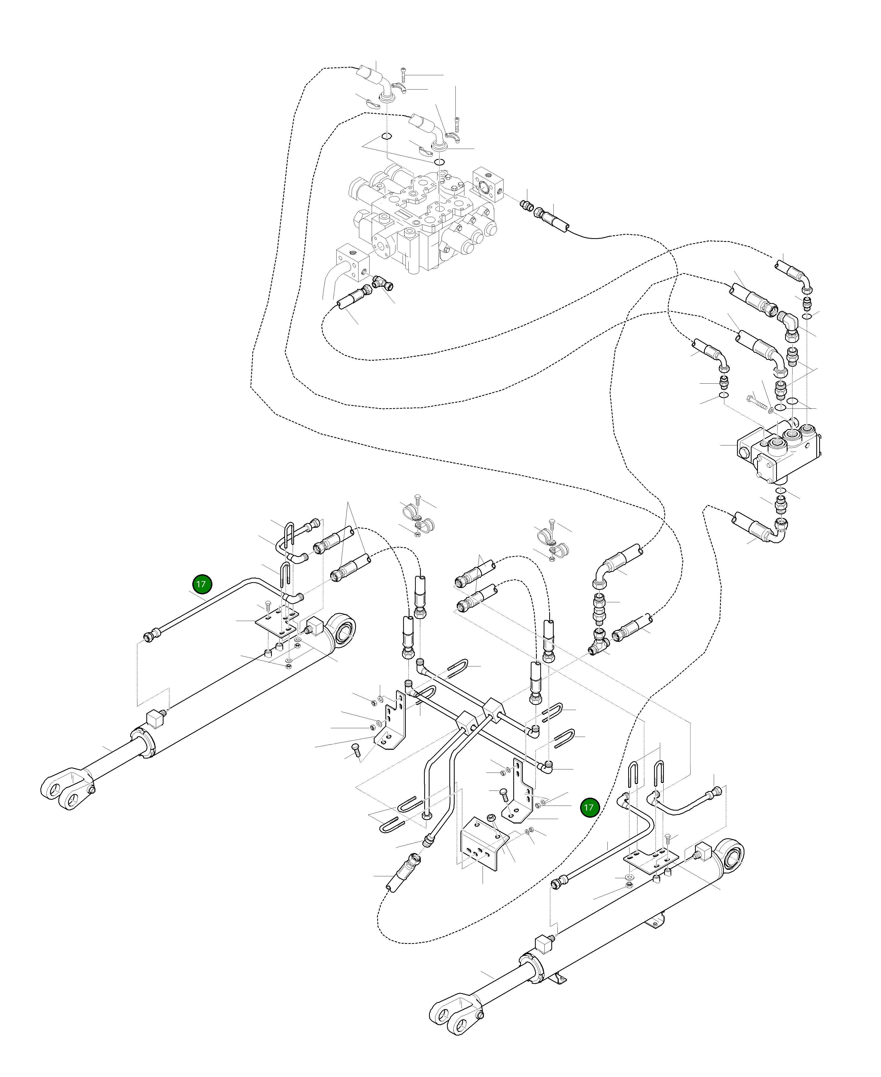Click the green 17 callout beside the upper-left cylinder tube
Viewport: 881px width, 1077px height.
(201, 584)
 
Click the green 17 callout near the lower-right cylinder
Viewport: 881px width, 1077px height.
(589, 821)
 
